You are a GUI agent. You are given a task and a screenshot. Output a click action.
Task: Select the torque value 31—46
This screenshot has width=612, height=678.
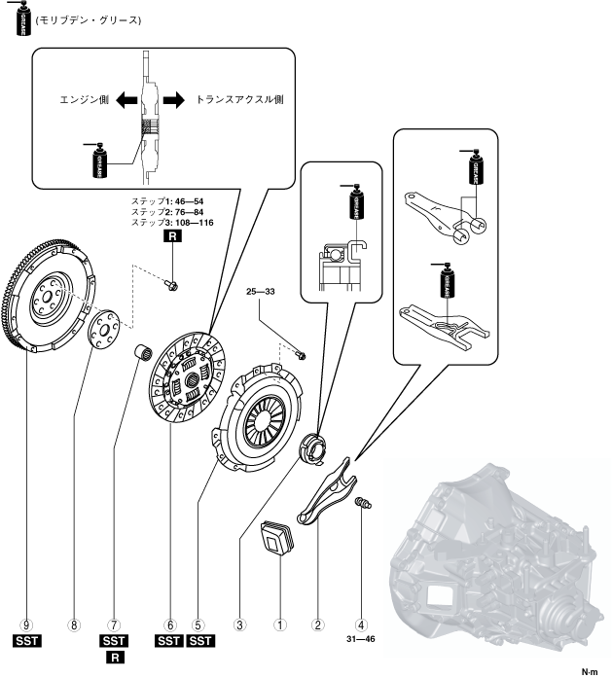point(361,639)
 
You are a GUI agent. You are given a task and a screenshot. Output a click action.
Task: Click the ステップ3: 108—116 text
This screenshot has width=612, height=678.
point(172,223)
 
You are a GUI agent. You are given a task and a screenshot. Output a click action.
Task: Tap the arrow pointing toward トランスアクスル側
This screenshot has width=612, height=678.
point(172,99)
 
